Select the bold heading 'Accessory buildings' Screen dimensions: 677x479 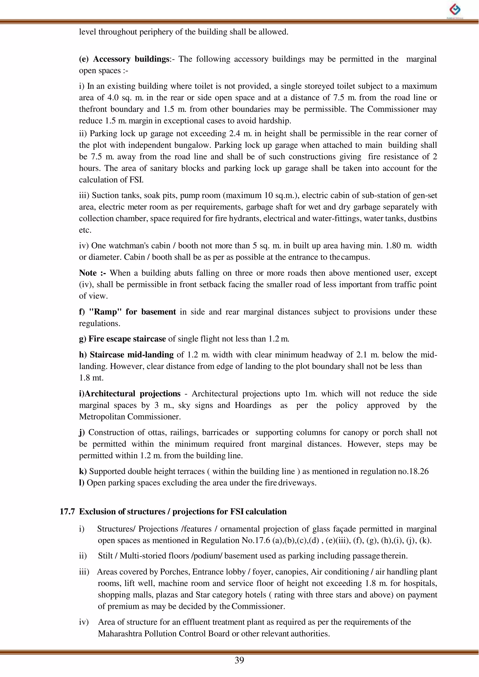131,59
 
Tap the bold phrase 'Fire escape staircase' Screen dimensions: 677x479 127,339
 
